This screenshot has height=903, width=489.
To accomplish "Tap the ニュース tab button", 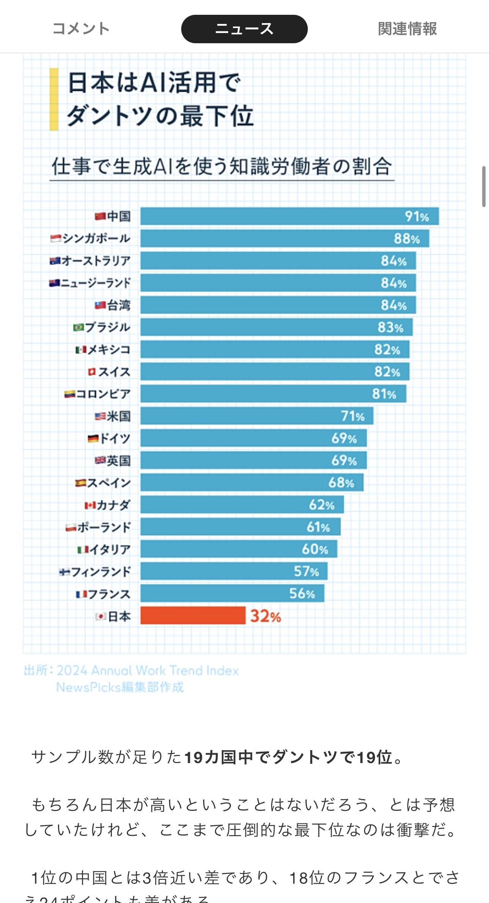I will pyautogui.click(x=244, y=29).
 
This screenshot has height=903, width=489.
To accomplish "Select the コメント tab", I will pyautogui.click(x=81, y=29).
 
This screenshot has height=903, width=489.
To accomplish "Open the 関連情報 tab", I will pyautogui.click(x=407, y=29).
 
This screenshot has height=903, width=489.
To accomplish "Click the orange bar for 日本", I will pyautogui.click(x=193, y=615).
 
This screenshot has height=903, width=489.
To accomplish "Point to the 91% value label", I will pyautogui.click(x=417, y=217).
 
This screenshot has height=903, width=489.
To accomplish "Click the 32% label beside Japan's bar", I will pyautogui.click(x=265, y=616).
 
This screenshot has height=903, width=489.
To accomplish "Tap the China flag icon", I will pyautogui.click(x=100, y=216).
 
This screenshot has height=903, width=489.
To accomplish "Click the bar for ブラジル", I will pyautogui.click(x=276, y=327).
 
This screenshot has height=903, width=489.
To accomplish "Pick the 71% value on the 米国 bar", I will pyautogui.click(x=353, y=416).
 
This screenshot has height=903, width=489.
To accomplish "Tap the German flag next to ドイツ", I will pyautogui.click(x=93, y=438).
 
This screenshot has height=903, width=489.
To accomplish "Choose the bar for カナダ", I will pyautogui.click(x=242, y=504).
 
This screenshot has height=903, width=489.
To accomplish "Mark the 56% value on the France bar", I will pyautogui.click(x=302, y=594).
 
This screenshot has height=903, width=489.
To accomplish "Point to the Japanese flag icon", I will pyautogui.click(x=100, y=616).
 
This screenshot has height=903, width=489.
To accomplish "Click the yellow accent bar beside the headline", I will pyautogui.click(x=54, y=99).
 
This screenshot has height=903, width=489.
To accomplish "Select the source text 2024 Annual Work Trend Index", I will pyautogui.click(x=147, y=671).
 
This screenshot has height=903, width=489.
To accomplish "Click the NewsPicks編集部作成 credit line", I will pyautogui.click(x=120, y=687).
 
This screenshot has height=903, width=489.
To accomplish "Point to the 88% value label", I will pyautogui.click(x=406, y=239).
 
